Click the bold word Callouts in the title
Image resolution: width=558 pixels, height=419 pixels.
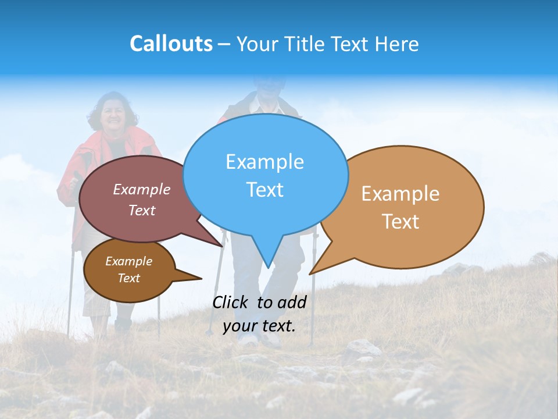click(171, 44)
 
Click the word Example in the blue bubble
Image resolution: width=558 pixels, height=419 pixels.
click(264, 162)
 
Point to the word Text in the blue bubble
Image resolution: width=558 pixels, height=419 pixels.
click(264, 190)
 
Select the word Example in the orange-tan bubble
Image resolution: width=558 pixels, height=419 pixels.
click(400, 194)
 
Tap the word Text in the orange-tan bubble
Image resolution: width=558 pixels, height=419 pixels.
click(400, 222)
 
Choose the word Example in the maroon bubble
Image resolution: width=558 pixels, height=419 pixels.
click(141, 189)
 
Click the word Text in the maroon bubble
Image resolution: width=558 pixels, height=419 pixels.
click(141, 210)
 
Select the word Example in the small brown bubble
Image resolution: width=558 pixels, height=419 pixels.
click(128, 261)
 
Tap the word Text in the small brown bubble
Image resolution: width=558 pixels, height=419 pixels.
click(128, 278)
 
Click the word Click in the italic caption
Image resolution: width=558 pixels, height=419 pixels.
click(231, 302)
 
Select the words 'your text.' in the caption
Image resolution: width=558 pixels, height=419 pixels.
click(259, 326)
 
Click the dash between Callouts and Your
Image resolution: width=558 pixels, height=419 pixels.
click(224, 44)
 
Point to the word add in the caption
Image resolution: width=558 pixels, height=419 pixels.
click(291, 302)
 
